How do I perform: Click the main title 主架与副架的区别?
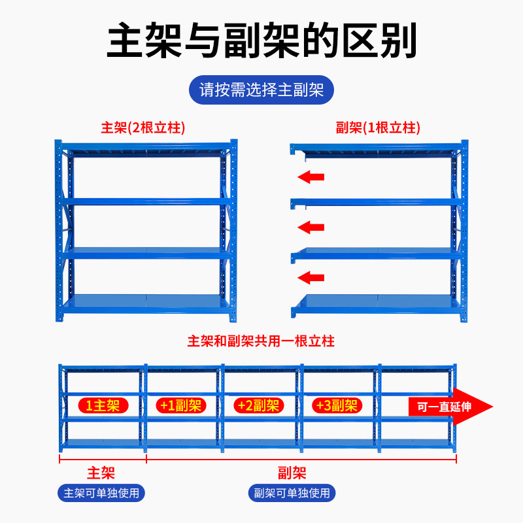[261, 40]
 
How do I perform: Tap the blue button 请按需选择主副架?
[261, 90]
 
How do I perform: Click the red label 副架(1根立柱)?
[377, 127]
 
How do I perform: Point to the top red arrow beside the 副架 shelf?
[311, 177]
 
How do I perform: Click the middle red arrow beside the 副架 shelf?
[311, 227]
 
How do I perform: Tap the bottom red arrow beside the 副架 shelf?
[311, 278]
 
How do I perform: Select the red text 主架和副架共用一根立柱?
[261, 341]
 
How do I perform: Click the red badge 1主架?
[103, 405]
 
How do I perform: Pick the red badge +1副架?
[180, 405]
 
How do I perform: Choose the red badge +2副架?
[258, 405]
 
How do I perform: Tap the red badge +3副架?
[336, 405]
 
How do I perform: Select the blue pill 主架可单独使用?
[101, 493]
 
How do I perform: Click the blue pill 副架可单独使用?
[292, 493]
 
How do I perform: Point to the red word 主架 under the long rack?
[101, 473]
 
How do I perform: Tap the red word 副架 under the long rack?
[292, 473]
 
